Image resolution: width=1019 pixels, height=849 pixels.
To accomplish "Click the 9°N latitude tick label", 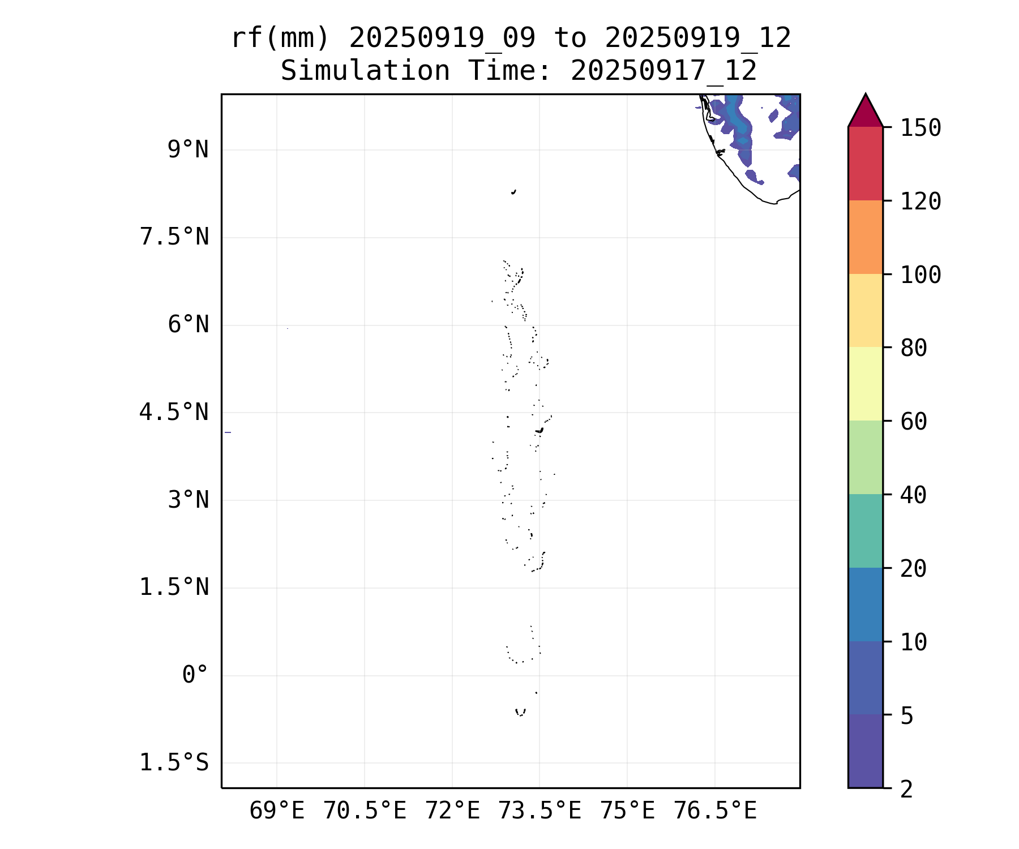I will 188,150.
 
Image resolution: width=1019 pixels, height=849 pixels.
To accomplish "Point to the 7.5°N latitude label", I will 174,237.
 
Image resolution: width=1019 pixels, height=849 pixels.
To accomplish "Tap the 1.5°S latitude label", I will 174,763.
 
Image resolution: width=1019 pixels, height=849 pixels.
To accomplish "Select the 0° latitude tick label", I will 195,675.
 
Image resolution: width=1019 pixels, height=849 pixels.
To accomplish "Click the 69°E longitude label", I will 277,811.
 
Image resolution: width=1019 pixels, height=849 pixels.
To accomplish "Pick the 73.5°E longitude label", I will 540,811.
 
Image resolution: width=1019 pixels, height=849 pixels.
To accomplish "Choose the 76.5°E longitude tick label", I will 715,811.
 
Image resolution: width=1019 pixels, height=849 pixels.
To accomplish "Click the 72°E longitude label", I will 452,811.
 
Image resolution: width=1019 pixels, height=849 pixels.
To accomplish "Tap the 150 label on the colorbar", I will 921,128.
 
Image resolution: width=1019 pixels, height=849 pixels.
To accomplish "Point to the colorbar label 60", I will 914,421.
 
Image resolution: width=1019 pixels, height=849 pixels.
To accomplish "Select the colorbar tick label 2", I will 907,789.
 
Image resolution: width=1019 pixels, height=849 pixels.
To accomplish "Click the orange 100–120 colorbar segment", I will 866,237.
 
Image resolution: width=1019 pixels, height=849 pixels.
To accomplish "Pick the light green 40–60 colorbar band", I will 866,457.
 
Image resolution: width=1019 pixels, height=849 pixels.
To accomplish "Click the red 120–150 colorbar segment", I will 866,164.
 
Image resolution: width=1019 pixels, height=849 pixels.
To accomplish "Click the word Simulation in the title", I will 365,71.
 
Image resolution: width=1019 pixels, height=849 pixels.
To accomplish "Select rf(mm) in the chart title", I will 280,38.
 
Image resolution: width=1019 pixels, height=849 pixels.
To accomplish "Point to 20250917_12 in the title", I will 663,71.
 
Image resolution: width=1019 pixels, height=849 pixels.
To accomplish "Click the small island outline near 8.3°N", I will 513,192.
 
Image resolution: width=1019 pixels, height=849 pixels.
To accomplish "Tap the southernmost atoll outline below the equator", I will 520,712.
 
